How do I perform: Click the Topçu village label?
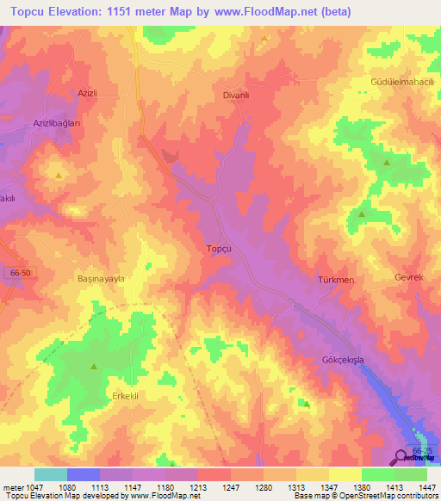click(x=219, y=249)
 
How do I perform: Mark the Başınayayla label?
click(x=102, y=280)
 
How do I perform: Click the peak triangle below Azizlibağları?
click(x=58, y=176)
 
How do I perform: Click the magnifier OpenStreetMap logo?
click(x=402, y=456)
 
